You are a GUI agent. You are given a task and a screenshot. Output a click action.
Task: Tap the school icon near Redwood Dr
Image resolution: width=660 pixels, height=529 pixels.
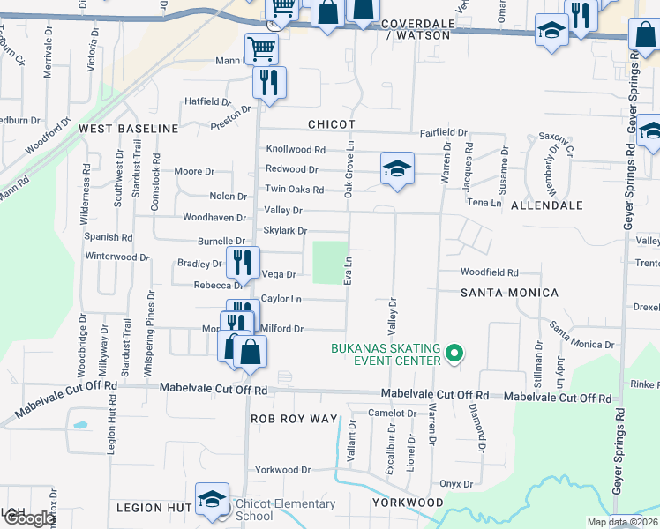coord(397,168)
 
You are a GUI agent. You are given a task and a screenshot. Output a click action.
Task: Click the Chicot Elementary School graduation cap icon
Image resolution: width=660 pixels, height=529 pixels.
coord(212,500)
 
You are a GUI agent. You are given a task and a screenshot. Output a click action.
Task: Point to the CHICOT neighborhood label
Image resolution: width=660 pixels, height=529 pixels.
coord(332,125)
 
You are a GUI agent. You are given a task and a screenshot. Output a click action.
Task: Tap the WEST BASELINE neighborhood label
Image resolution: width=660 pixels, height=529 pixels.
coord(129,129)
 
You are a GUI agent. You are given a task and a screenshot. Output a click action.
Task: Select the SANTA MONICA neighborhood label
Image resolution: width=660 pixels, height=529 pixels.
coord(510,292)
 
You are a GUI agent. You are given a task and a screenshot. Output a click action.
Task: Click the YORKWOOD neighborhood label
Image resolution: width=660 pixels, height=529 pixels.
coord(408,502)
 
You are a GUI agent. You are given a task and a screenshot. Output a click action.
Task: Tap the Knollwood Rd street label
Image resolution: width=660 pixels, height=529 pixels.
coord(296,150)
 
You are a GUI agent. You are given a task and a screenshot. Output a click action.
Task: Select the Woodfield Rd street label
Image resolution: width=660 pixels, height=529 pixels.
coord(489,273)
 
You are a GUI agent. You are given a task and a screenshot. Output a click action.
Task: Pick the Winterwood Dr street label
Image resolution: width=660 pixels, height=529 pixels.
coord(116,257)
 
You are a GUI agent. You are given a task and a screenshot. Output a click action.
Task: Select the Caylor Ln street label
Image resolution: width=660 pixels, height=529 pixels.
coord(283,300)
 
